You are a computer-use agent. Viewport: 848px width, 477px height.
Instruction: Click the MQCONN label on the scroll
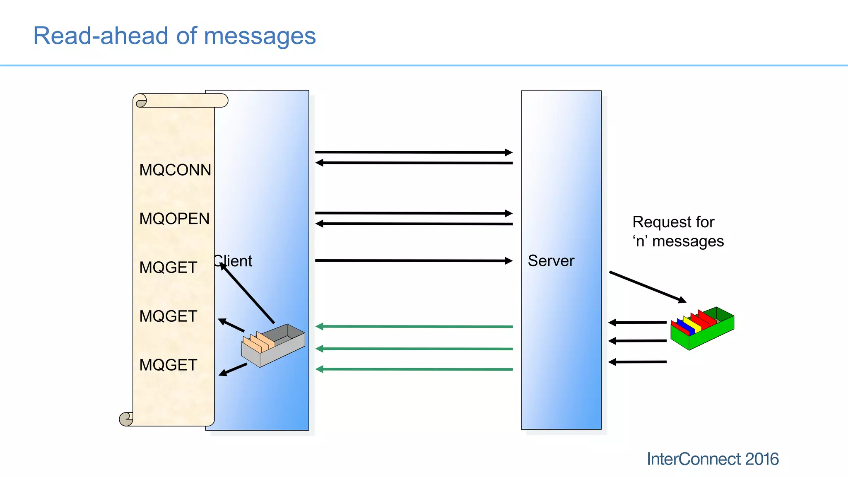tap(175, 170)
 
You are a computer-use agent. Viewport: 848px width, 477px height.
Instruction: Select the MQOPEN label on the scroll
tap(174, 219)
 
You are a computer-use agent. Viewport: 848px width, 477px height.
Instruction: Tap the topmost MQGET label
tap(168, 267)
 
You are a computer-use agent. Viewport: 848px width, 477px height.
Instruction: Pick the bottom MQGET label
tap(168, 365)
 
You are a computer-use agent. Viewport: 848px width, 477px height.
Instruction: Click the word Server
tap(551, 261)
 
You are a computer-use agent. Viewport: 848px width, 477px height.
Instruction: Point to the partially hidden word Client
tap(234, 261)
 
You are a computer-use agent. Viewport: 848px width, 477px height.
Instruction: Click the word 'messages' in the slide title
tap(260, 36)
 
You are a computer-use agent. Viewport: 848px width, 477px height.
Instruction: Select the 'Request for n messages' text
tap(677, 231)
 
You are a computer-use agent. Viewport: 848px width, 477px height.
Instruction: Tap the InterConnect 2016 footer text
tap(712, 459)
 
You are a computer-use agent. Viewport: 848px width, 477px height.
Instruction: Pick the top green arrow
tap(414, 327)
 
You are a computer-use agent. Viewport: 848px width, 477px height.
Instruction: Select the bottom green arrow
tap(414, 369)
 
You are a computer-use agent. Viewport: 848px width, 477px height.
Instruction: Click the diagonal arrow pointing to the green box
tap(647, 287)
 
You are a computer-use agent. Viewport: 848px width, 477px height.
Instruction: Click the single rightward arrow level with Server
tap(414, 260)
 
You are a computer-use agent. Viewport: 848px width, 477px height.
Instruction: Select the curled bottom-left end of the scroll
tap(126, 419)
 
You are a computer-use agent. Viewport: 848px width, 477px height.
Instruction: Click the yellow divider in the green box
tap(692, 324)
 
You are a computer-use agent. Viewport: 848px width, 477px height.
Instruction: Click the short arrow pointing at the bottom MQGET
tap(233, 369)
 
